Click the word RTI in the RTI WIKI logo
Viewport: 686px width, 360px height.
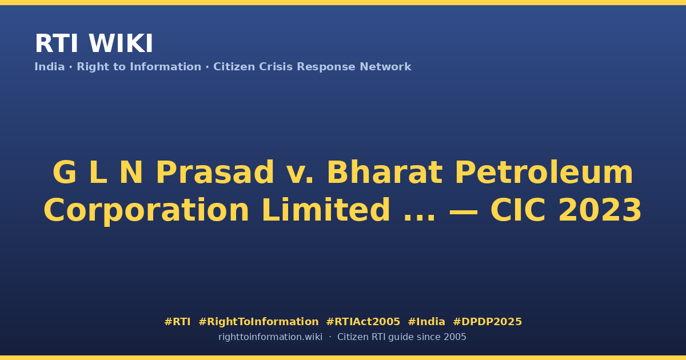(57, 43)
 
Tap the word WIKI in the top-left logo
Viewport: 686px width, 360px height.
(121, 43)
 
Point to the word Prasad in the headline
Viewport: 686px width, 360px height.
(215, 173)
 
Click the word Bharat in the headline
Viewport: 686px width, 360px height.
(385, 173)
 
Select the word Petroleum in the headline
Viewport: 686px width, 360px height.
(544, 173)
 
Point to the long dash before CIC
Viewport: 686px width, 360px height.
(464, 212)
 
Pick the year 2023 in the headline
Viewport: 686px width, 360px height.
(600, 210)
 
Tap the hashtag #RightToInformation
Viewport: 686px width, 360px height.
(258, 322)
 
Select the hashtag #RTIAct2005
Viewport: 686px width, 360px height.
(363, 322)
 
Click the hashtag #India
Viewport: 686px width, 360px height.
(426, 322)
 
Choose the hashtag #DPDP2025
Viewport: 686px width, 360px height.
(487, 322)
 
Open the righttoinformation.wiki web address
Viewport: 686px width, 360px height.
(270, 337)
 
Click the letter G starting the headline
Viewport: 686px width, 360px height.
(64, 173)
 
